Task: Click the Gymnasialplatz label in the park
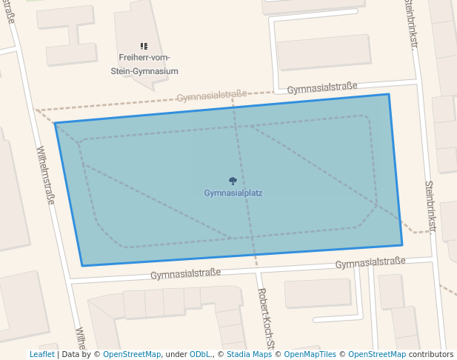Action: coord(233,193)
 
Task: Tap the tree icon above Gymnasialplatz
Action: coord(233,181)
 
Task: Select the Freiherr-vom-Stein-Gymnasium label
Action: coord(148,64)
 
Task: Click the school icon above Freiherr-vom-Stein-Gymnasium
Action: coord(144,46)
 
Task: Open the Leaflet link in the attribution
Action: coord(41,355)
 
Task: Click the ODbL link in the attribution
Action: coord(200,355)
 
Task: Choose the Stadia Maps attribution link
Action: coord(249,355)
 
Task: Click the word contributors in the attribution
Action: coord(431,355)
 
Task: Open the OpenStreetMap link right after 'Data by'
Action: coord(132,355)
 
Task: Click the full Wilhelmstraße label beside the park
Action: coord(44,175)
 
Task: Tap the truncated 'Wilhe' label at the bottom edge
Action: coord(81,338)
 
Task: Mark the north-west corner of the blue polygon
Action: coord(56,124)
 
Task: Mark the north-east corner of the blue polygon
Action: coord(388,94)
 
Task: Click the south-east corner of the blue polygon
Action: coord(402,244)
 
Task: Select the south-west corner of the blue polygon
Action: coord(82,266)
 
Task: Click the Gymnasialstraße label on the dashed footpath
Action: coord(211,96)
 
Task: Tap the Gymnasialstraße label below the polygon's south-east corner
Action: coord(370,262)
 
